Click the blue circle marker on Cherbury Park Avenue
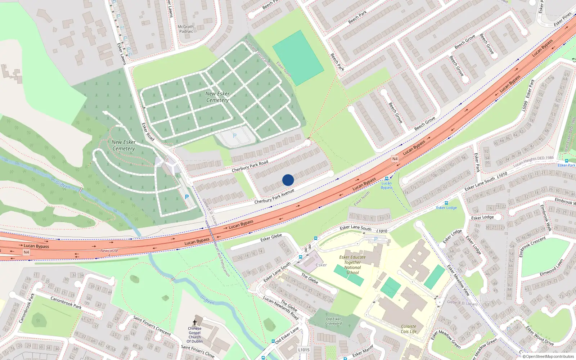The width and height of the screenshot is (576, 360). [288, 180]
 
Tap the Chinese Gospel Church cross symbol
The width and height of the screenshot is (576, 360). [195, 323]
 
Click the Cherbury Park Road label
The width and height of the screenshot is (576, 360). [250, 166]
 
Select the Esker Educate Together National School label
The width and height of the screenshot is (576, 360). [352, 265]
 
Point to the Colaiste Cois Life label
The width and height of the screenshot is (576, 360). [409, 329]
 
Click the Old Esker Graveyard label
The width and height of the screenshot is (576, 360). [334, 321]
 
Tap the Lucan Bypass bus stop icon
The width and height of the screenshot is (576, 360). [387, 179]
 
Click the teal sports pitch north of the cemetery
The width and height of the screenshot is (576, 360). [298, 58]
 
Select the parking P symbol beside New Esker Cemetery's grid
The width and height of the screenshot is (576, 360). [235, 136]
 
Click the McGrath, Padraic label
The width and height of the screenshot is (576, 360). [186, 29]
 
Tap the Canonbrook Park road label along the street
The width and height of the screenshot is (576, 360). [66, 302]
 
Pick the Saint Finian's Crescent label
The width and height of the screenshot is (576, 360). [152, 325]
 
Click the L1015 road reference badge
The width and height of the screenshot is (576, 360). [304, 350]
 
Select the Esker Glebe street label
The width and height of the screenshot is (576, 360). [271, 238]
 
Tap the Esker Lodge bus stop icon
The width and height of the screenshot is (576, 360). [446, 203]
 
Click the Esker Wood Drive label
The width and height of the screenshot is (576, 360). [540, 336]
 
